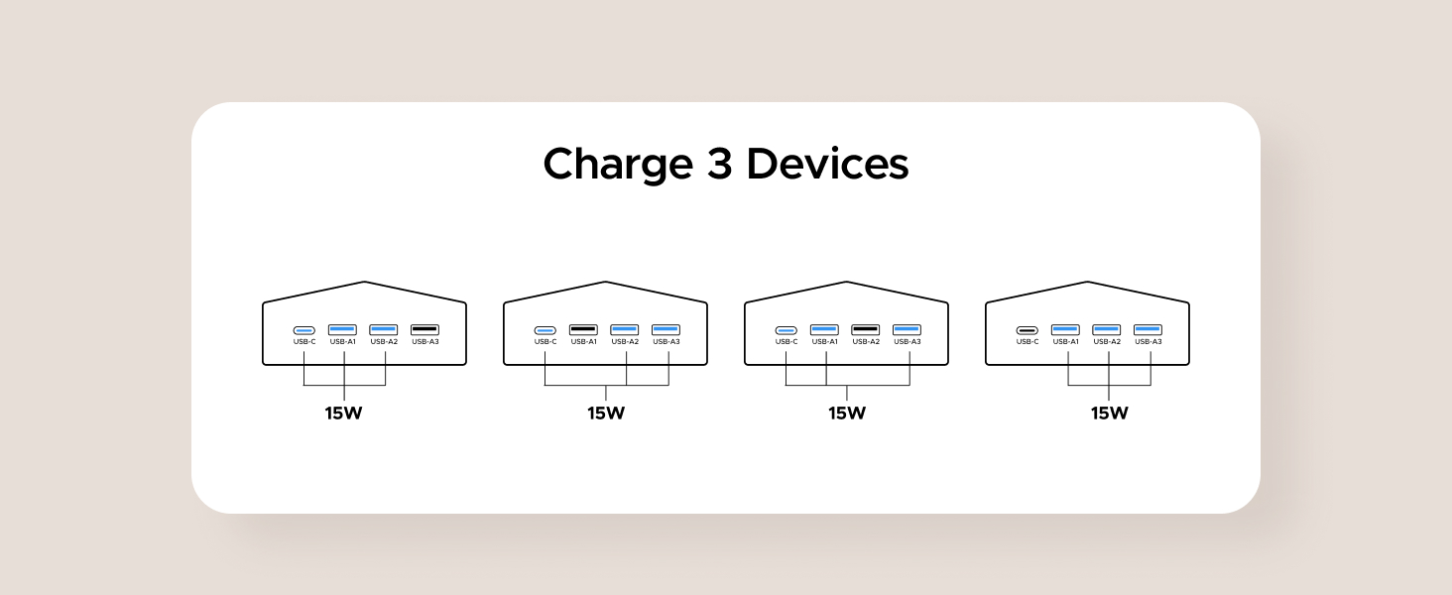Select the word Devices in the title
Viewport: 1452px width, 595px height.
tap(827, 165)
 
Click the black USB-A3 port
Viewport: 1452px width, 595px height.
tap(424, 329)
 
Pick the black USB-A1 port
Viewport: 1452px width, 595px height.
tap(583, 329)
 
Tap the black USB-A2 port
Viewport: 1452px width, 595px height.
tap(865, 329)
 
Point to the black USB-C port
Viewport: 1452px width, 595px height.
tap(1027, 330)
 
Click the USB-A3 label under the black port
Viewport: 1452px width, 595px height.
tap(424, 342)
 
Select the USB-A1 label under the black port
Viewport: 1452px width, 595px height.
tap(583, 342)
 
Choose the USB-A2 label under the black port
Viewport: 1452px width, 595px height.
tap(865, 342)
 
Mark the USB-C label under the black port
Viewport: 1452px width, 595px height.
tap(1027, 342)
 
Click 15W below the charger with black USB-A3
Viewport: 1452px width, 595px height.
tap(343, 414)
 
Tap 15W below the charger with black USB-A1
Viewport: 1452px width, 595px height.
tap(605, 414)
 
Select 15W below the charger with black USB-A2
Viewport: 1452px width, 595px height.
tap(847, 414)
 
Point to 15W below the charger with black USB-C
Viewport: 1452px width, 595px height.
tap(1109, 414)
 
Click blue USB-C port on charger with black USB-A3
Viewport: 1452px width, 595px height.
tap(303, 330)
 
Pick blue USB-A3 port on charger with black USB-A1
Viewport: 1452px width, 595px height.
tap(665, 329)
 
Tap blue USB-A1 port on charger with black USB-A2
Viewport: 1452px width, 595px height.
tap(824, 329)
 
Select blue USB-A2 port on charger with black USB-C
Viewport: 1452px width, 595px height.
tap(1106, 329)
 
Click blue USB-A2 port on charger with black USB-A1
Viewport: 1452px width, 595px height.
tap(624, 329)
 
